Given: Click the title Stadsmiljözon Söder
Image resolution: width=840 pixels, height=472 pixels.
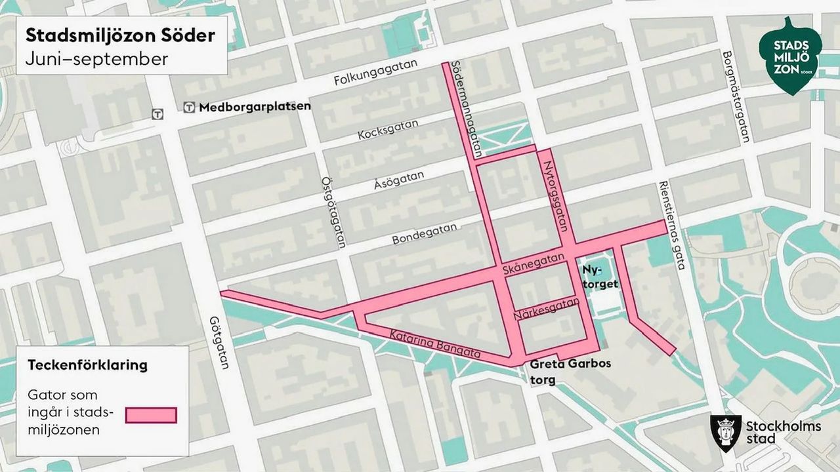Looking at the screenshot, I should (120, 35).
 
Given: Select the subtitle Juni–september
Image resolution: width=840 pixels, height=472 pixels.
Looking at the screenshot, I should (96, 58).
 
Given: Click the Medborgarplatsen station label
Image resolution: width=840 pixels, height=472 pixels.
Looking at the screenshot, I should (255, 107).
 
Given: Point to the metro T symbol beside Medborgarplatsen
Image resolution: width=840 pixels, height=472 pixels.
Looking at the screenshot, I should (189, 108).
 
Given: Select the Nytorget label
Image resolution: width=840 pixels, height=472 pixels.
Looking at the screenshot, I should (600, 277).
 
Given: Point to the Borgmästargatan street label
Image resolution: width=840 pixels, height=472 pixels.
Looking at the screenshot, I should (735, 97).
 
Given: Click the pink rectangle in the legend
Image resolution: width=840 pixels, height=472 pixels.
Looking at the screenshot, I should (152, 415).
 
